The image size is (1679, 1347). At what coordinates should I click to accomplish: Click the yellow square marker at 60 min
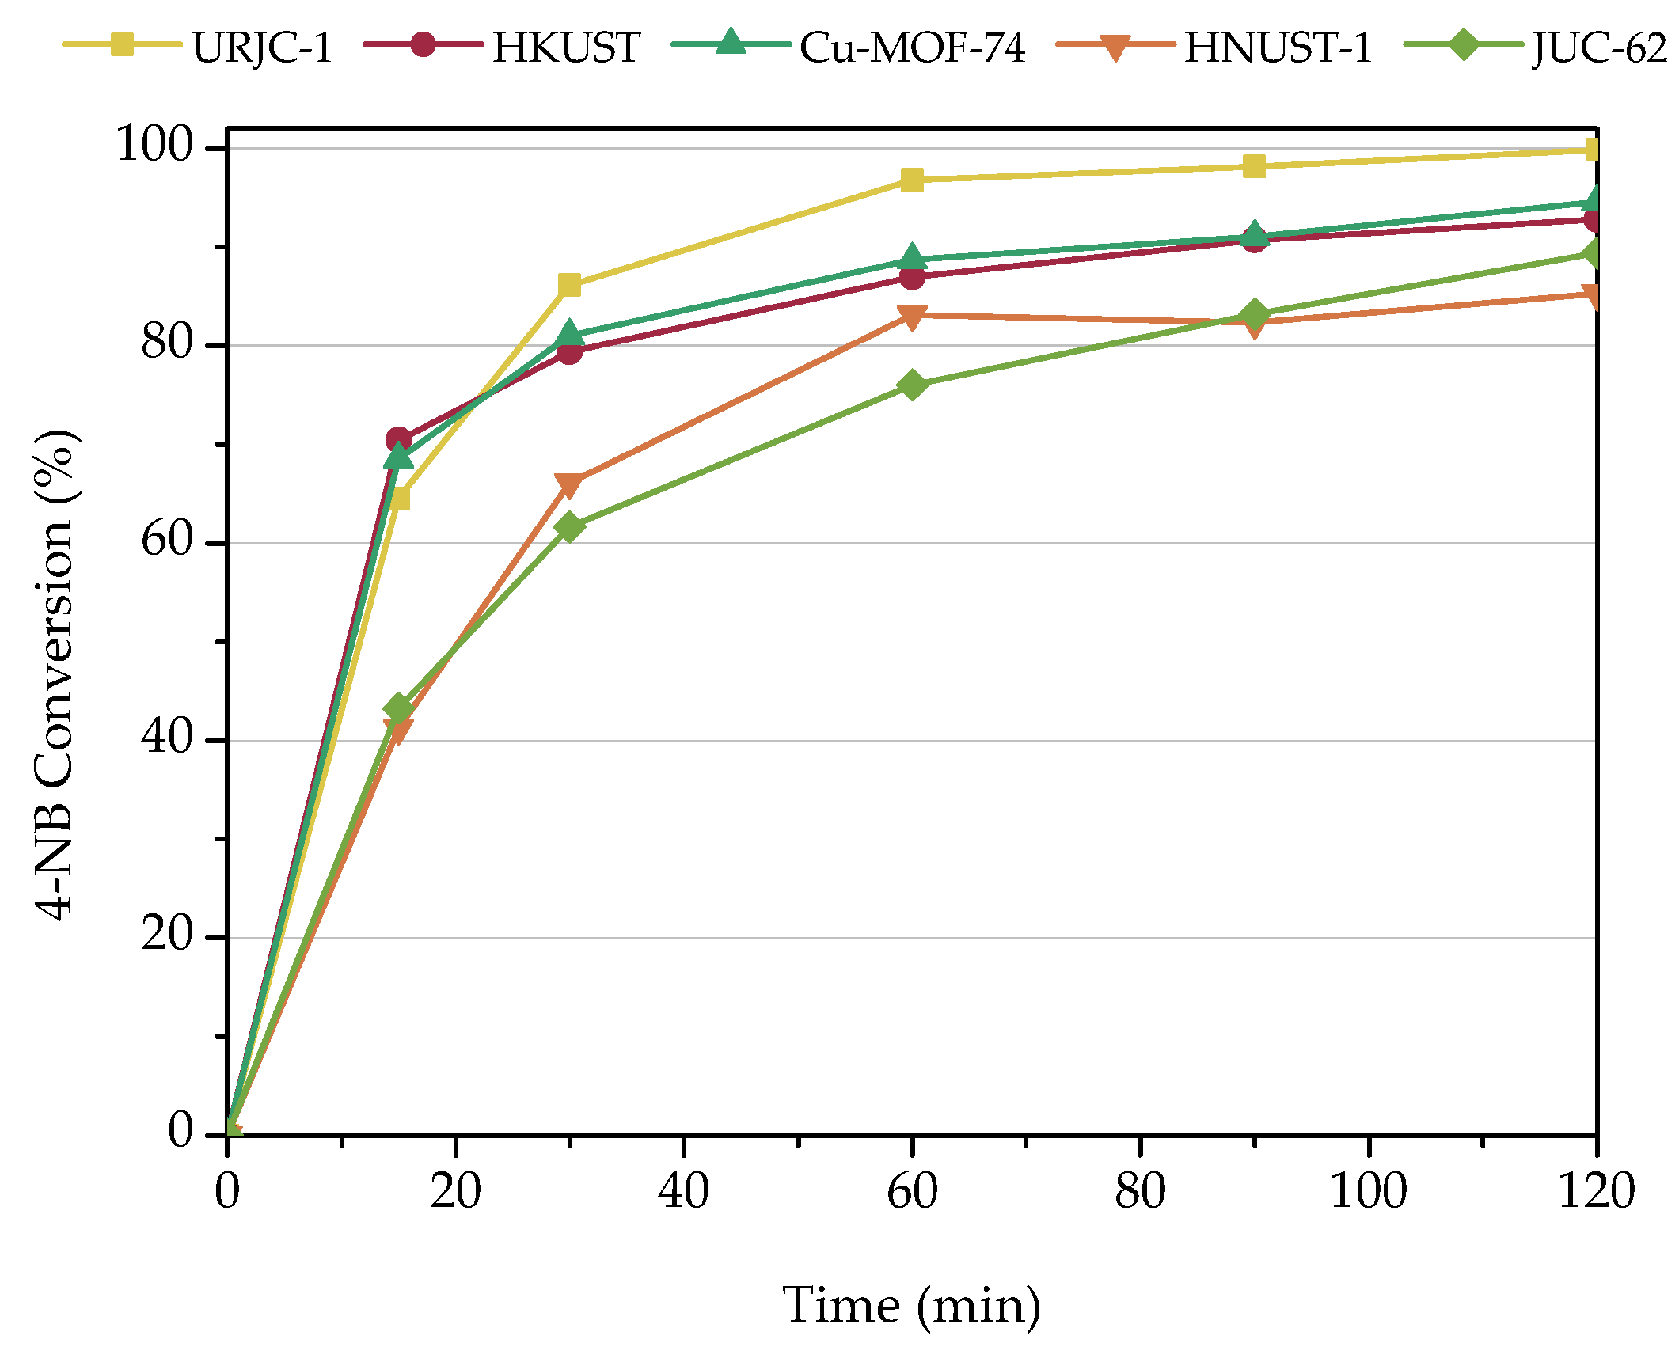912,180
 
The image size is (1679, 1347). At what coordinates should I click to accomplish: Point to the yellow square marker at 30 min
569,285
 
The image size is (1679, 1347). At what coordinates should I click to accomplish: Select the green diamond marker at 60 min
912,385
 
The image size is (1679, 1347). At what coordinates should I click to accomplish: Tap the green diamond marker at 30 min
569,527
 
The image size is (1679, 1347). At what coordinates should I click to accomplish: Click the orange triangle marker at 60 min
912,317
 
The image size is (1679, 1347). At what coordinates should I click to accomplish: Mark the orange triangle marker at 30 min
569,484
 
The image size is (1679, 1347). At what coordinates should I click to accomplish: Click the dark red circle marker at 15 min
398,440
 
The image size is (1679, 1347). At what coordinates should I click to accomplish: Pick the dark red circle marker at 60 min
912,277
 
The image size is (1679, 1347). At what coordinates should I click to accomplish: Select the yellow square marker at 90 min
1254,166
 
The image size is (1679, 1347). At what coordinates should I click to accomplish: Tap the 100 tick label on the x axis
1368,1192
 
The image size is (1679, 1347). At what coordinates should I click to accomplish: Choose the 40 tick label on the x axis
683,1192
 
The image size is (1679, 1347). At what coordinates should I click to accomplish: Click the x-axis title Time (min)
911,1305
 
